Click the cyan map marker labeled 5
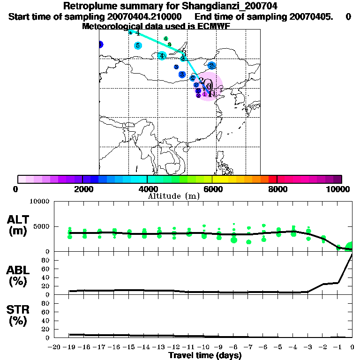[x=138, y=45]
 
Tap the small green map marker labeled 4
[x=166, y=38]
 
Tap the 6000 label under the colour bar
[x=212, y=189]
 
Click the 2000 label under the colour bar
[x=82, y=189]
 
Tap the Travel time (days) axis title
[x=205, y=356]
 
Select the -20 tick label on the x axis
[x=54, y=347]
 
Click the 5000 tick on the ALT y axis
[x=40, y=227]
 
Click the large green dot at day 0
[x=351, y=247]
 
